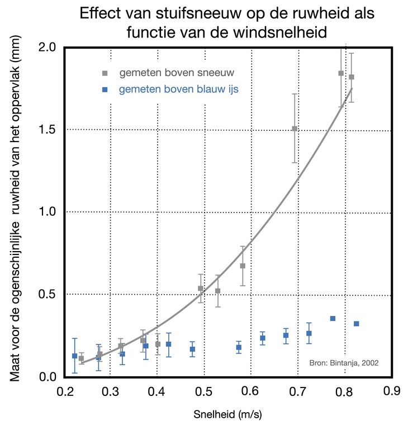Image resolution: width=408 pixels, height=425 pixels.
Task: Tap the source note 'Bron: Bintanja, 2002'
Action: tap(344, 362)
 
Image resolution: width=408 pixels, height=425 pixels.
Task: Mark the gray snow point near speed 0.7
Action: tap(295, 129)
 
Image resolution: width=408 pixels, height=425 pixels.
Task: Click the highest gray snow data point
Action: tap(340, 73)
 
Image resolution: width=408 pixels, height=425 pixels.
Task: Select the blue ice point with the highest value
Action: tap(333, 318)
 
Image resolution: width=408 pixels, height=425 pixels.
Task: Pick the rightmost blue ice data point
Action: tap(356, 324)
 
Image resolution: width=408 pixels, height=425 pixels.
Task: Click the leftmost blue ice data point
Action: tap(75, 356)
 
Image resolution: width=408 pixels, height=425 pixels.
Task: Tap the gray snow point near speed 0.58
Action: tap(243, 266)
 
